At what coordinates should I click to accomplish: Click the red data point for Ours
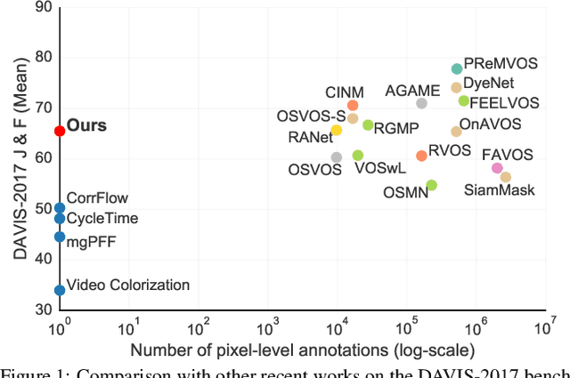(60, 131)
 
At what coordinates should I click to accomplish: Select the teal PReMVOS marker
(457, 68)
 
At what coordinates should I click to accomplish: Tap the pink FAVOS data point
(497, 168)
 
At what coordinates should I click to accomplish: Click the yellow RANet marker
(336, 130)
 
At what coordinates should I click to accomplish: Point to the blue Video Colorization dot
(60, 290)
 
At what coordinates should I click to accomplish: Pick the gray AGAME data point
(421, 103)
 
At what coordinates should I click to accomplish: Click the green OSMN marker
(431, 185)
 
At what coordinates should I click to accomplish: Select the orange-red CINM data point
(353, 106)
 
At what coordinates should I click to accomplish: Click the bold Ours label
(86, 126)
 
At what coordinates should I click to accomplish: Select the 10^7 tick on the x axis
(544, 326)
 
